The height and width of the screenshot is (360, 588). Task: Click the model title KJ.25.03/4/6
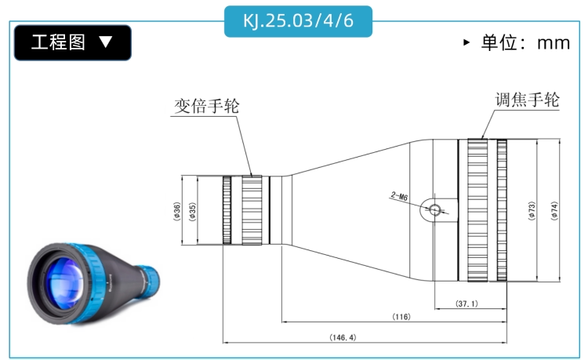298,20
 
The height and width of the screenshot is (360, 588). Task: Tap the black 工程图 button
73,42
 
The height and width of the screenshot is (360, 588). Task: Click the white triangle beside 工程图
106,42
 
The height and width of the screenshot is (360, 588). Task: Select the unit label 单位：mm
526,42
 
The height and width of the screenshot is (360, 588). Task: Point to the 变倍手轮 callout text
207,106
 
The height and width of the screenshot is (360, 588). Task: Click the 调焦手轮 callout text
528,100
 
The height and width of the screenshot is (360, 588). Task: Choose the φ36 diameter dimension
177,212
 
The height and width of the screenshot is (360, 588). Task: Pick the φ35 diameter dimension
192,212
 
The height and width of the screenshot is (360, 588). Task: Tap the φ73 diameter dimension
532,211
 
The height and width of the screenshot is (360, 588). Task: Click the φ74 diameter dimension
554,211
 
